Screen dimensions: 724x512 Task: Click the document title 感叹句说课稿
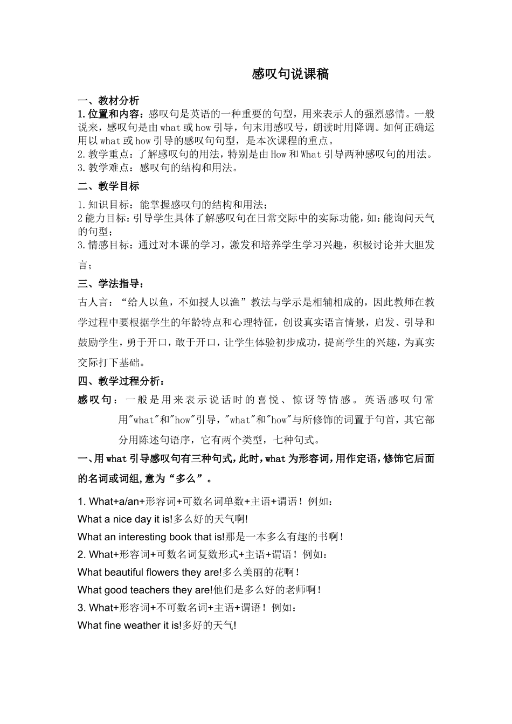tap(290, 74)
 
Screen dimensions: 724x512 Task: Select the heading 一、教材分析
tap(108, 101)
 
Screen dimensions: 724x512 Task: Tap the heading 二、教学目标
tap(108, 186)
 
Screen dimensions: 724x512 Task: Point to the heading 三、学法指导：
tap(111, 284)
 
